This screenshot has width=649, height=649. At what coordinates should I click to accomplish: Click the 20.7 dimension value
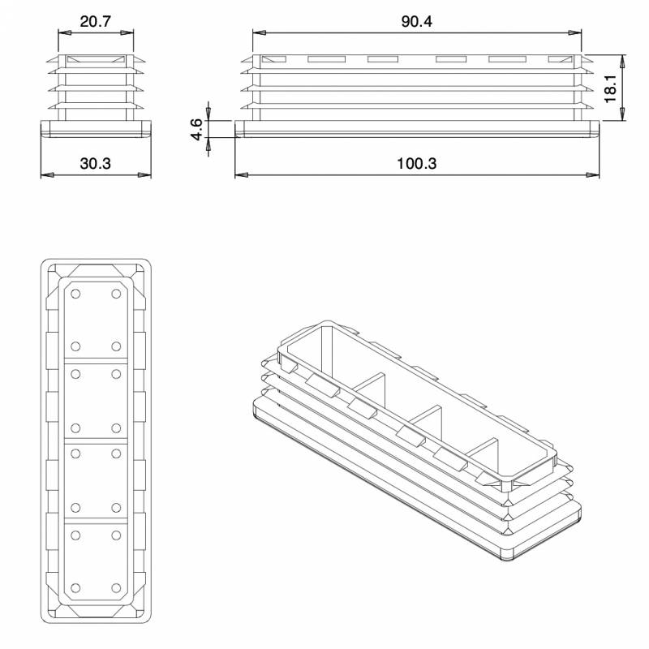click(96, 22)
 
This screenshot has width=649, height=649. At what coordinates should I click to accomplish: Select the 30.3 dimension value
click(96, 163)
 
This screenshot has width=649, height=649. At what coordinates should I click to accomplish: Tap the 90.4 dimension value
click(417, 22)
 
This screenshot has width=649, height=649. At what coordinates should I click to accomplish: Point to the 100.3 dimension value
click(417, 163)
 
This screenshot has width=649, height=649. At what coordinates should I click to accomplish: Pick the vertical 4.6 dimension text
click(196, 129)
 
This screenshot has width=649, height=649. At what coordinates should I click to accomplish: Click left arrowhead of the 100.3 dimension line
click(239, 174)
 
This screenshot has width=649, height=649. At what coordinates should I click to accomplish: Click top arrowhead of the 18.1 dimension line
click(623, 59)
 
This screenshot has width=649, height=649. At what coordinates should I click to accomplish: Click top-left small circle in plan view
click(75, 293)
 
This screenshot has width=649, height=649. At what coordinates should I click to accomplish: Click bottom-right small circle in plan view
click(116, 587)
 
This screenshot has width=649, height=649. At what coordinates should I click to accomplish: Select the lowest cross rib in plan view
click(96, 520)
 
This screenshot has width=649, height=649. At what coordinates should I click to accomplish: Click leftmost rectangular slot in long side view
click(273, 59)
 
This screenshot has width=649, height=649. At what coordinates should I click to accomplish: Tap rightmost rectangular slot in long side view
click(560, 59)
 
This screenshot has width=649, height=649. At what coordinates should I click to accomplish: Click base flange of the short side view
click(96, 129)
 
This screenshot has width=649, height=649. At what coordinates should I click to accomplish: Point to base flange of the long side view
click(417, 129)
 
